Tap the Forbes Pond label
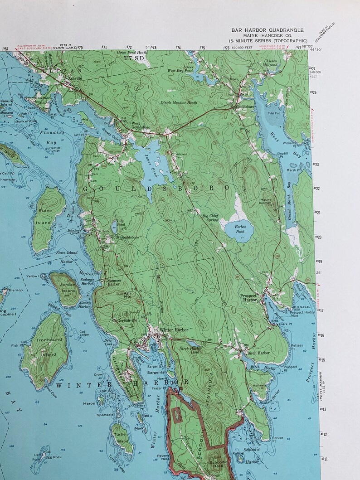229,229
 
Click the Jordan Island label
68,288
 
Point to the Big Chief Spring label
210,218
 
